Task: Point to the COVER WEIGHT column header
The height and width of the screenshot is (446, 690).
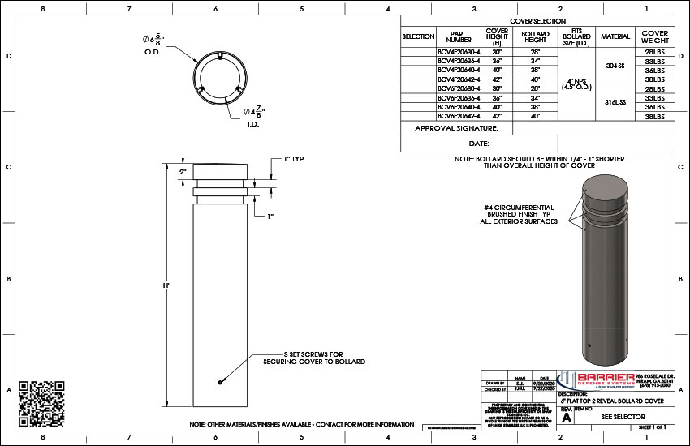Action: tap(654, 36)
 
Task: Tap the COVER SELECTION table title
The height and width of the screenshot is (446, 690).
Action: tap(537, 20)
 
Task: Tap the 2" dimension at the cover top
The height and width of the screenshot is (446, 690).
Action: tap(183, 173)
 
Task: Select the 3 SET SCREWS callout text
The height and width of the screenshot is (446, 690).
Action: tap(313, 358)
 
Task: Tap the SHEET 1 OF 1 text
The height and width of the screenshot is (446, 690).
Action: tap(652, 427)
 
